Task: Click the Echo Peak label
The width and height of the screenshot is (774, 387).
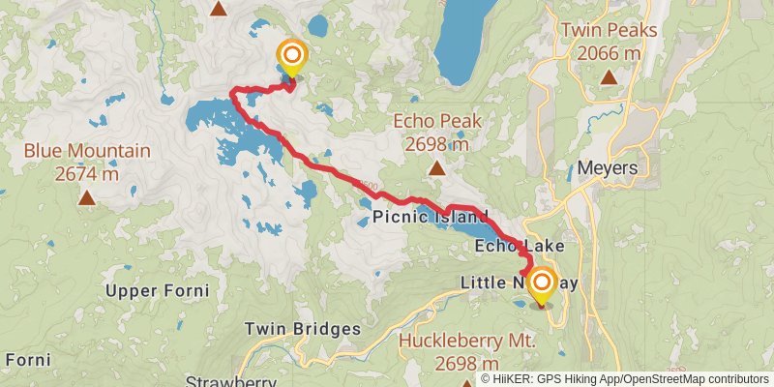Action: (x=437, y=122)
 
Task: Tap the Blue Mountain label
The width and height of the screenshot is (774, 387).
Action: (x=87, y=152)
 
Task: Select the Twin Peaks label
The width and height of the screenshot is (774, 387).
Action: (x=609, y=30)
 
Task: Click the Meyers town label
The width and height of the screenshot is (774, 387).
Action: (x=608, y=167)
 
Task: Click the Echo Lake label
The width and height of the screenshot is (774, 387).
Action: (x=520, y=248)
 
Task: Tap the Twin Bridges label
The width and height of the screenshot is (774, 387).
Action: (x=302, y=329)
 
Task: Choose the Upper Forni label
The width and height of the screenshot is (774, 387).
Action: (x=158, y=291)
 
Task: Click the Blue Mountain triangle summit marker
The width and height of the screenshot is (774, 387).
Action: (x=87, y=198)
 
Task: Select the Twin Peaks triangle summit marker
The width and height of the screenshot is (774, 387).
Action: (x=609, y=76)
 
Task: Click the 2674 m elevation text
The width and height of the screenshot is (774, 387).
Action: (x=87, y=174)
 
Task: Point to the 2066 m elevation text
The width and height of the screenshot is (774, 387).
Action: (x=609, y=52)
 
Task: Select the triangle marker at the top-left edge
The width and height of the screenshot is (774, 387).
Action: (x=220, y=10)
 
